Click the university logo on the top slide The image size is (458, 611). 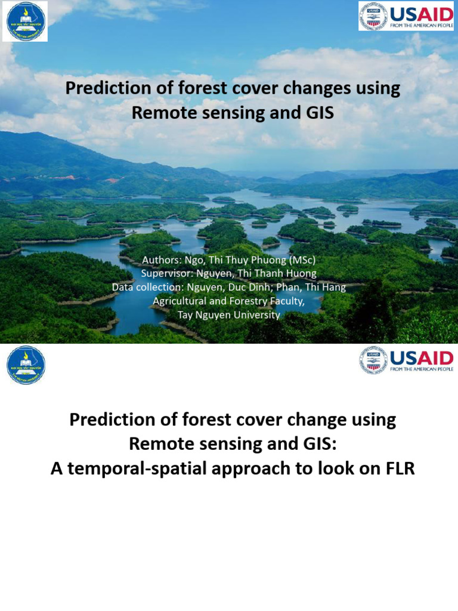coord(25,21)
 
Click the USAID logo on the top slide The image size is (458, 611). coord(406,16)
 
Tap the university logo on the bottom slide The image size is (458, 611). coord(26,365)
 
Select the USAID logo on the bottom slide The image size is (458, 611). coord(406,360)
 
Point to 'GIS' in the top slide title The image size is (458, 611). coord(317,112)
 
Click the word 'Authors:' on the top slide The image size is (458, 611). coord(160,260)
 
